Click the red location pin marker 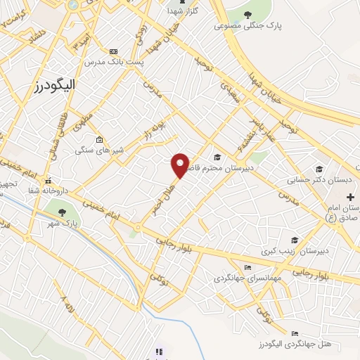[181, 165]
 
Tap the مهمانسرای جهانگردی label [247, 278]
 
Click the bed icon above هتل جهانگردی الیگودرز [295, 333]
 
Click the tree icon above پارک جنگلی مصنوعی [247, 14]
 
